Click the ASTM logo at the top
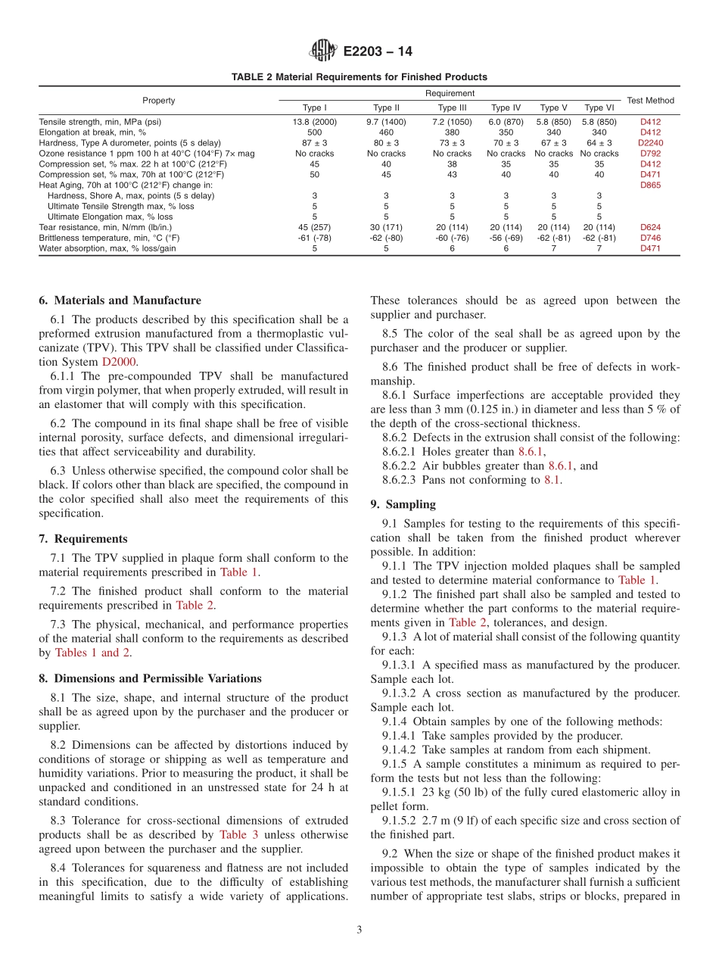pyautogui.click(x=323, y=51)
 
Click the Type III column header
pyautogui.click(x=452, y=108)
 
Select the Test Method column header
pyautogui.click(x=650, y=100)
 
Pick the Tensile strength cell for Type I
pyautogui.click(x=314, y=121)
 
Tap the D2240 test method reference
pyautogui.click(x=650, y=142)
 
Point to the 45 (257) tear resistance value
pyautogui.click(x=314, y=227)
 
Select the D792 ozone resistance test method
pyautogui.click(x=650, y=153)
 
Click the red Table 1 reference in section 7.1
pyautogui.click(x=238, y=572)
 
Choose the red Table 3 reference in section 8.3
pyautogui.click(x=238, y=834)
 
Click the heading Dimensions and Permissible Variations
pyautogui.click(x=150, y=678)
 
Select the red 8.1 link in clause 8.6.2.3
pyautogui.click(x=552, y=480)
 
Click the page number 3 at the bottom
pyautogui.click(x=359, y=930)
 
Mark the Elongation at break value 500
pyautogui.click(x=314, y=132)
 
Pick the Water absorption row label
pyautogui.click(x=107, y=248)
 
